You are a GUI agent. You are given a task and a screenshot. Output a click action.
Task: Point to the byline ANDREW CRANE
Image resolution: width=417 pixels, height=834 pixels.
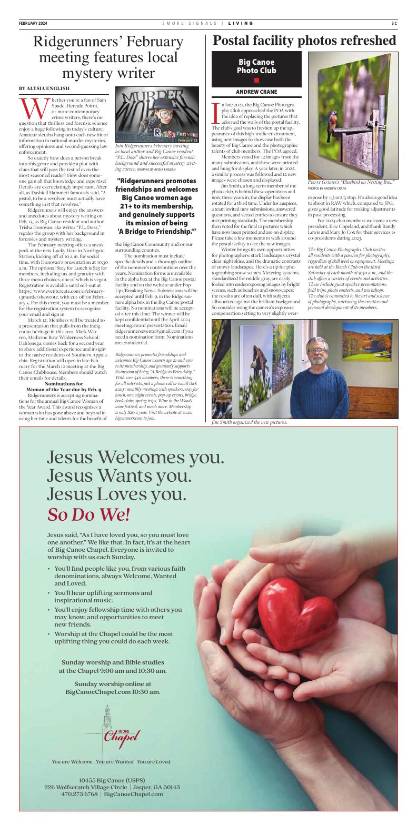(x=256, y=92)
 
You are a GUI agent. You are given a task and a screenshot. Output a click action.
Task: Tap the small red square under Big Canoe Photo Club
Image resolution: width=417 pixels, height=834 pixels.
(x=256, y=80)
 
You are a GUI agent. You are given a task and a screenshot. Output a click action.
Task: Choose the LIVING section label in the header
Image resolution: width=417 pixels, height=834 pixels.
(x=241, y=23)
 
